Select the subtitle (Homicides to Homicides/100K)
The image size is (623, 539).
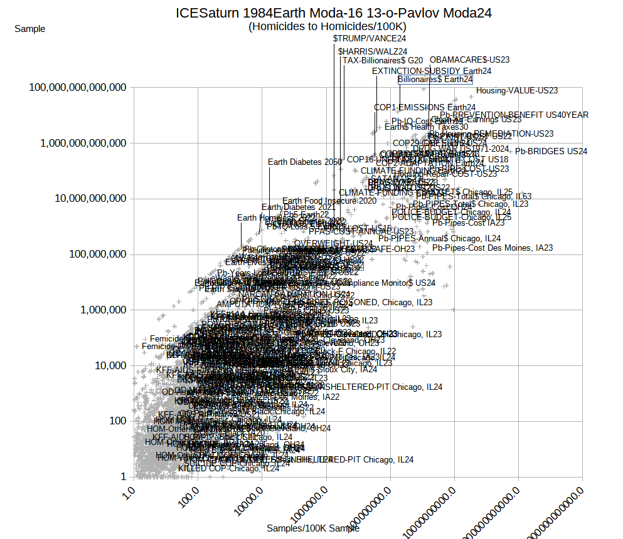(x=327, y=26)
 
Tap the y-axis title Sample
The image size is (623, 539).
(x=29, y=28)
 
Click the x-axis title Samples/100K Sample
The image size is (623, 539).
(x=312, y=528)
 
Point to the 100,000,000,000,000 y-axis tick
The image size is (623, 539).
(x=78, y=87)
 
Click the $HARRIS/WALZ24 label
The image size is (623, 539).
(x=373, y=51)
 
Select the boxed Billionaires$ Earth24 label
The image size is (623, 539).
(x=435, y=80)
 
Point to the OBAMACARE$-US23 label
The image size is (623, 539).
(x=469, y=60)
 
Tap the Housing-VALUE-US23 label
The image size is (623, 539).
(x=517, y=90)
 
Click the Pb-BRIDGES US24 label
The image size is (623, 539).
(x=551, y=151)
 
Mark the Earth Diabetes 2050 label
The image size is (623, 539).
(x=305, y=162)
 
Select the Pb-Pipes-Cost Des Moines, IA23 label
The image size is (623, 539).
(x=493, y=248)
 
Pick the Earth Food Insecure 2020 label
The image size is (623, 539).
(x=329, y=201)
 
